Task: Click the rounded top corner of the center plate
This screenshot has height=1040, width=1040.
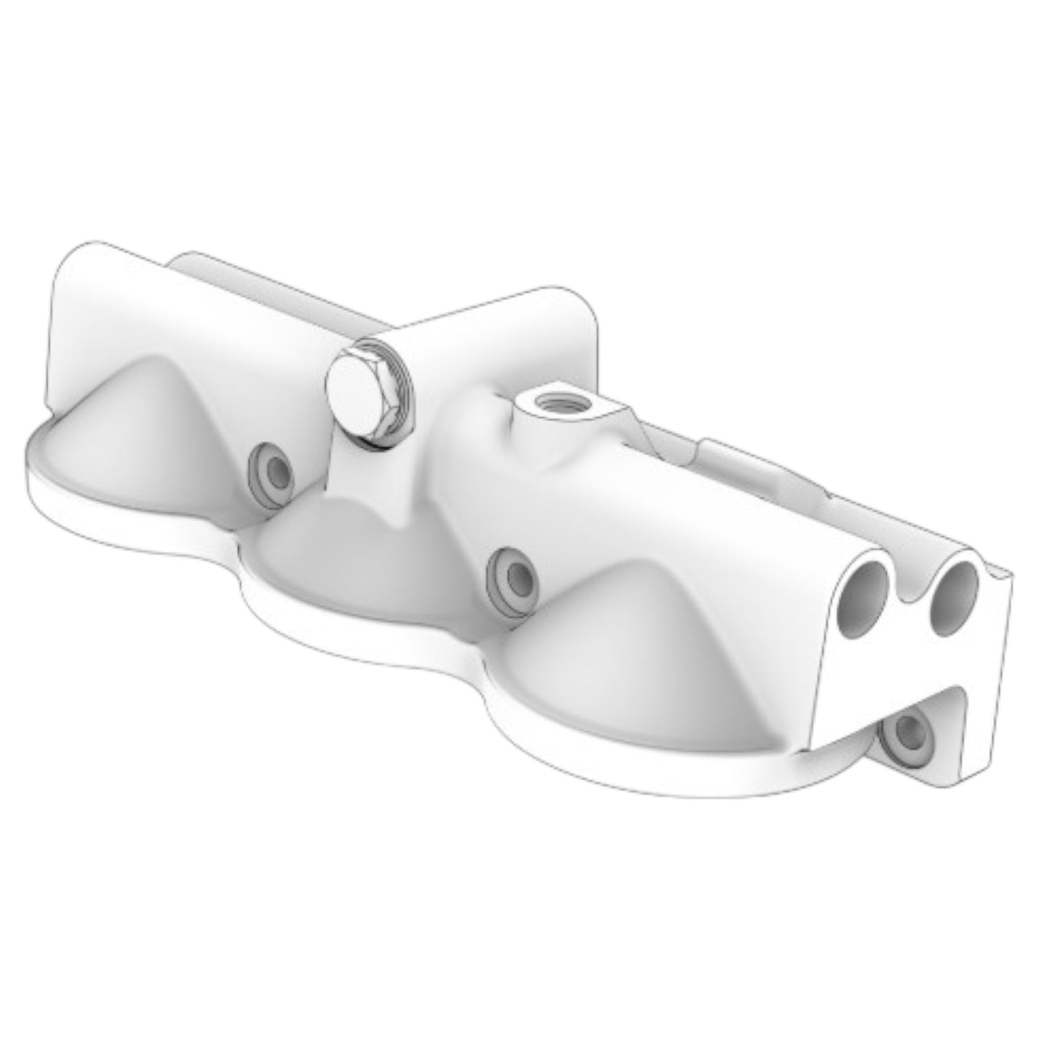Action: [x=583, y=302]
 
